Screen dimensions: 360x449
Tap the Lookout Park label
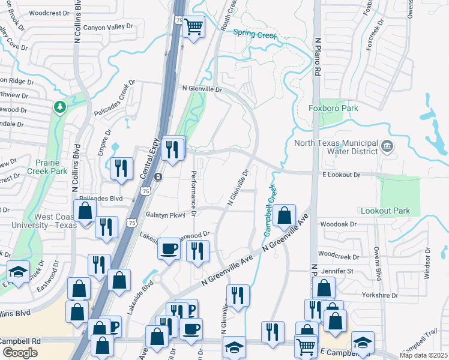(x=385, y=211)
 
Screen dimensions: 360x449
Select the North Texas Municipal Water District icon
(x=387, y=146)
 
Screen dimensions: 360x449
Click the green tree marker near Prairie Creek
(x=59, y=107)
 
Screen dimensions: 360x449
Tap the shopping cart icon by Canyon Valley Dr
(x=194, y=26)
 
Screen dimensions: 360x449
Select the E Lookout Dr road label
(x=340, y=175)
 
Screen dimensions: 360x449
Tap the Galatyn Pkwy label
(x=166, y=215)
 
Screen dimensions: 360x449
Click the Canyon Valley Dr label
(x=107, y=28)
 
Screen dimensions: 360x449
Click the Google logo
(x=20, y=352)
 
